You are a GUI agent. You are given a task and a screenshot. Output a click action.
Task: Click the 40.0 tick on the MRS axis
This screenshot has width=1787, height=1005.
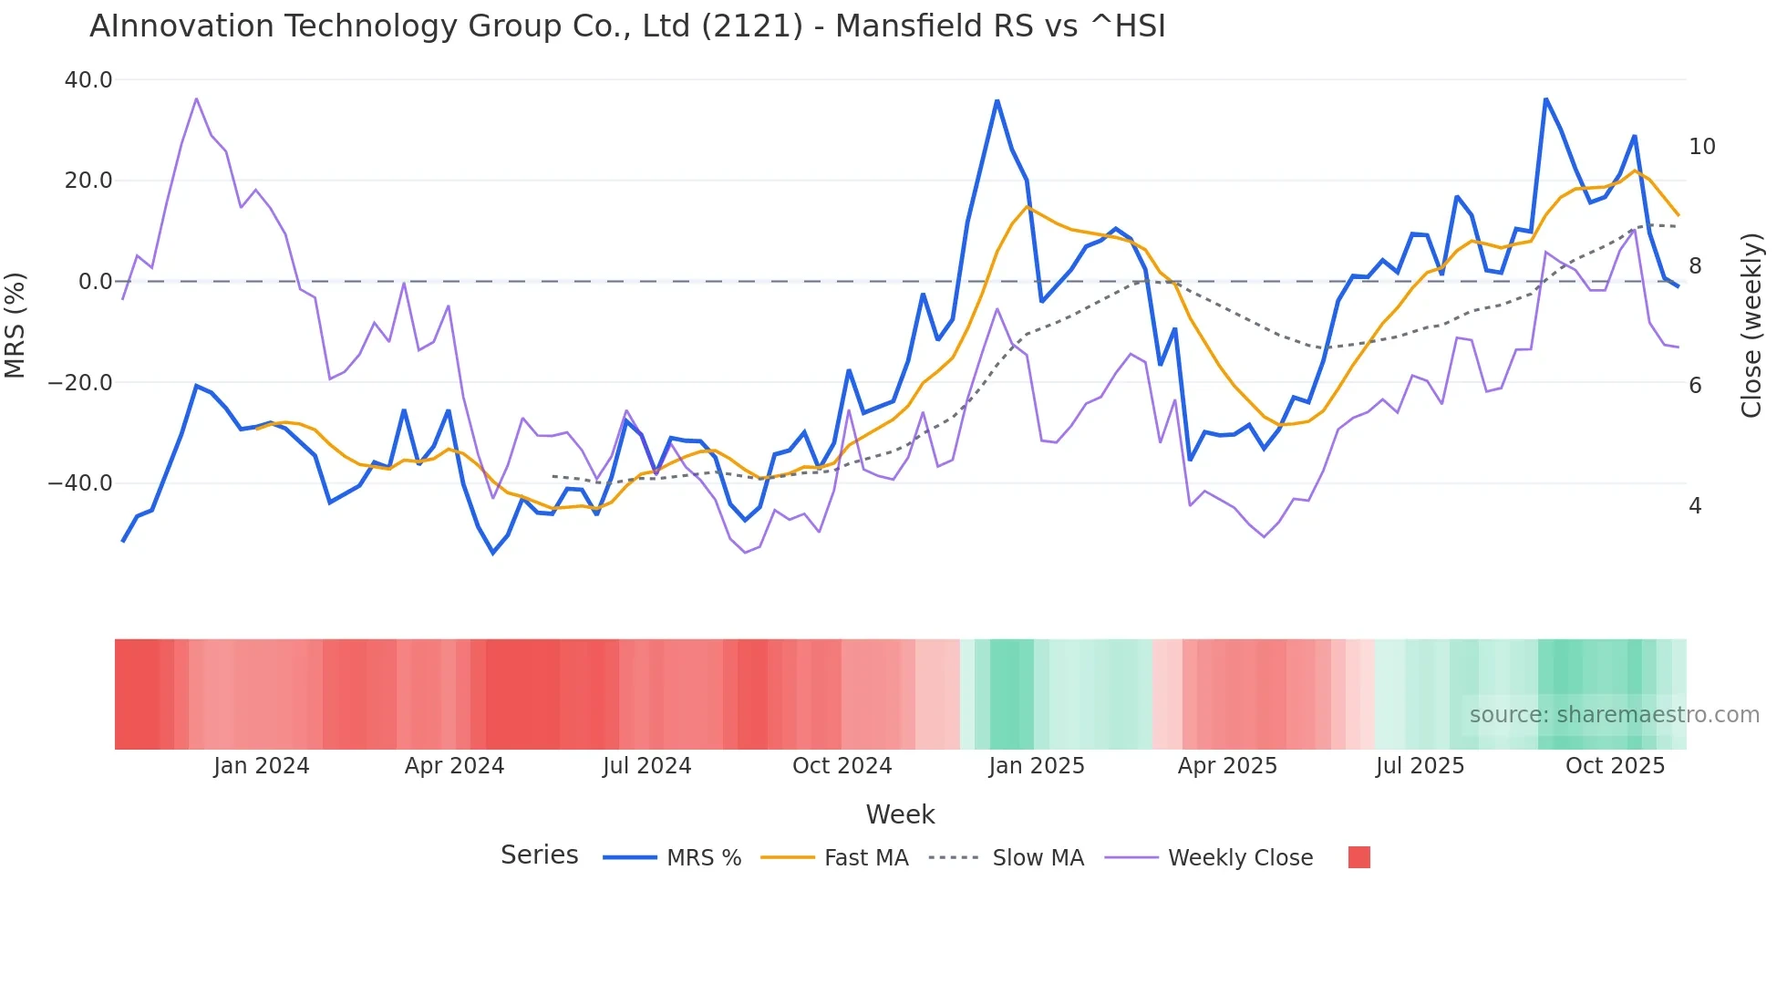[x=88, y=80]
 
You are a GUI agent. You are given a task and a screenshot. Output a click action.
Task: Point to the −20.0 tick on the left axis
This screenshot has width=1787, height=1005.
[x=81, y=382]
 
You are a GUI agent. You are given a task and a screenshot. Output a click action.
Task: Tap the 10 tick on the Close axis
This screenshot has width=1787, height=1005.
[x=1701, y=147]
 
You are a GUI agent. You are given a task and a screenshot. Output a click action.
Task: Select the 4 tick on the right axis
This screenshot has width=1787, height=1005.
[x=1695, y=506]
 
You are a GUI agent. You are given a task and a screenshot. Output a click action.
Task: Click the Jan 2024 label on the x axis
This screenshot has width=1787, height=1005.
[x=262, y=766]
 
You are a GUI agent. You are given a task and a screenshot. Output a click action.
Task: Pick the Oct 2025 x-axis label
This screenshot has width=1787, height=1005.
[x=1615, y=766]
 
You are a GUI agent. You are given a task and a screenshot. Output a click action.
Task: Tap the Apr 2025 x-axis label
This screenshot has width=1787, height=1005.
[x=1227, y=766]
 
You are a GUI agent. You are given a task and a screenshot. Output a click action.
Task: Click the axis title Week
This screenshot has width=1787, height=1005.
[x=900, y=814]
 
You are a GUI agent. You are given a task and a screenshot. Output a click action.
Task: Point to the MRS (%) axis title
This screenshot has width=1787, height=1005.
[x=15, y=325]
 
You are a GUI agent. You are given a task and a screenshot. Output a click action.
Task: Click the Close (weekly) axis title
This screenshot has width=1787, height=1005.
[x=1751, y=325]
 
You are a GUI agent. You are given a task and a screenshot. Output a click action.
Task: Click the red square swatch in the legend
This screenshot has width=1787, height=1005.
[x=1358, y=857]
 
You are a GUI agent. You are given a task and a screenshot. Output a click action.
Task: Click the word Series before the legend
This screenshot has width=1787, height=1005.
[x=539, y=855]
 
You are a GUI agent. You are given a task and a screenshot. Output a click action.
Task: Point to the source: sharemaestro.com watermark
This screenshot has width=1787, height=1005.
[x=1614, y=715]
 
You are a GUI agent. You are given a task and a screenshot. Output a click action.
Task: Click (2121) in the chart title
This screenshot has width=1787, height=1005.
[x=752, y=26]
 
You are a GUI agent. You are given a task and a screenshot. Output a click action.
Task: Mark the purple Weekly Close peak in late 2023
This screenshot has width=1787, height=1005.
[x=197, y=98]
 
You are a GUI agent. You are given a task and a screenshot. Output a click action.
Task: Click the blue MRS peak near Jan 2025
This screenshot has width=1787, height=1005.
[x=997, y=101]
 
